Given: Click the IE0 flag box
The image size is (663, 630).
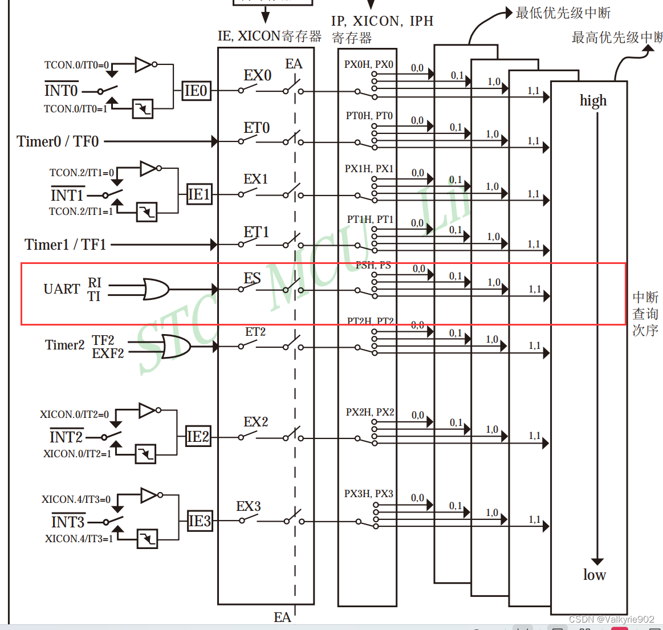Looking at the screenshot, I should click(196, 91).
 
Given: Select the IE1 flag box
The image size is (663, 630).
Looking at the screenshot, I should click(199, 194).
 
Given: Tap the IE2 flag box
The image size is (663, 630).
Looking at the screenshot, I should click(198, 437).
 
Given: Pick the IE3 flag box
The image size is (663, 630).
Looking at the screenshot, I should click(200, 521).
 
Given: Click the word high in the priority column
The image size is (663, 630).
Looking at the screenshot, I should click(593, 101).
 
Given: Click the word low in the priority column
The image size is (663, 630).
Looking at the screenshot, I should click(594, 575).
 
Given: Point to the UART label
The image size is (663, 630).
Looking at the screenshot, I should click(62, 289).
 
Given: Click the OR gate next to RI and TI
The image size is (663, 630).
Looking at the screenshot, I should click(156, 290).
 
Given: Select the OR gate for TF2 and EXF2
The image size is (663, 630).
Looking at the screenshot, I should click(176, 346).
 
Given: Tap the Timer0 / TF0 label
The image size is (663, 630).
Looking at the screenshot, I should click(58, 141).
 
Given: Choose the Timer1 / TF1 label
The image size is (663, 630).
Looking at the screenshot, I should click(65, 245).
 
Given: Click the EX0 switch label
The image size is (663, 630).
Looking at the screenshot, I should click(257, 76).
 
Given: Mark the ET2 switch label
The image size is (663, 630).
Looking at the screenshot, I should click(255, 332).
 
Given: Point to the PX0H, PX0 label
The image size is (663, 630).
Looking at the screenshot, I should click(368, 64).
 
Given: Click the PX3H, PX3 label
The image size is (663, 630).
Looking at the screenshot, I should click(368, 494).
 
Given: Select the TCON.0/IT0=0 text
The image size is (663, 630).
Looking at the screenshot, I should click(76, 65).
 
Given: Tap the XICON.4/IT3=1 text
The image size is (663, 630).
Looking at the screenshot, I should click(79, 539).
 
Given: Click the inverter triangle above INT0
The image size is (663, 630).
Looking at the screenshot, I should click(143, 64).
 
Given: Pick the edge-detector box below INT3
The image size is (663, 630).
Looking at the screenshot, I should click(147, 539).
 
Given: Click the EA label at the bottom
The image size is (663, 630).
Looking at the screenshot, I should click(282, 617).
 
